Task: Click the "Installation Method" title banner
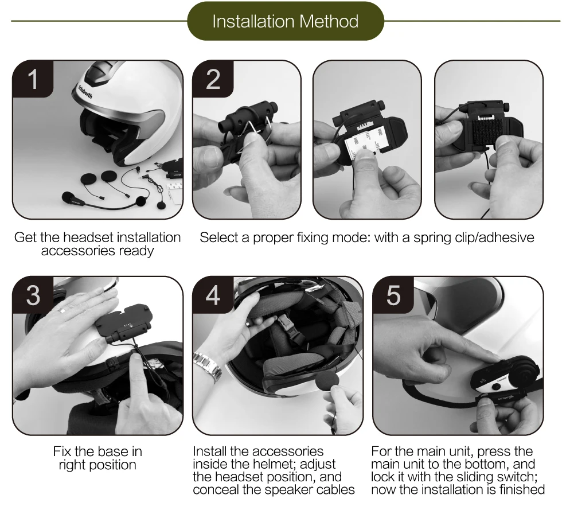(286, 21)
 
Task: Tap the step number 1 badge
(33, 79)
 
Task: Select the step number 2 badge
(213, 79)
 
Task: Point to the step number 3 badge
(33, 295)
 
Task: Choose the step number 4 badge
(213, 295)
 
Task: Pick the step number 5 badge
(393, 295)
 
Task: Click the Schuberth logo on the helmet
(85, 92)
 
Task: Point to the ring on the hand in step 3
(62, 310)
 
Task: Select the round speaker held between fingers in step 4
(327, 382)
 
